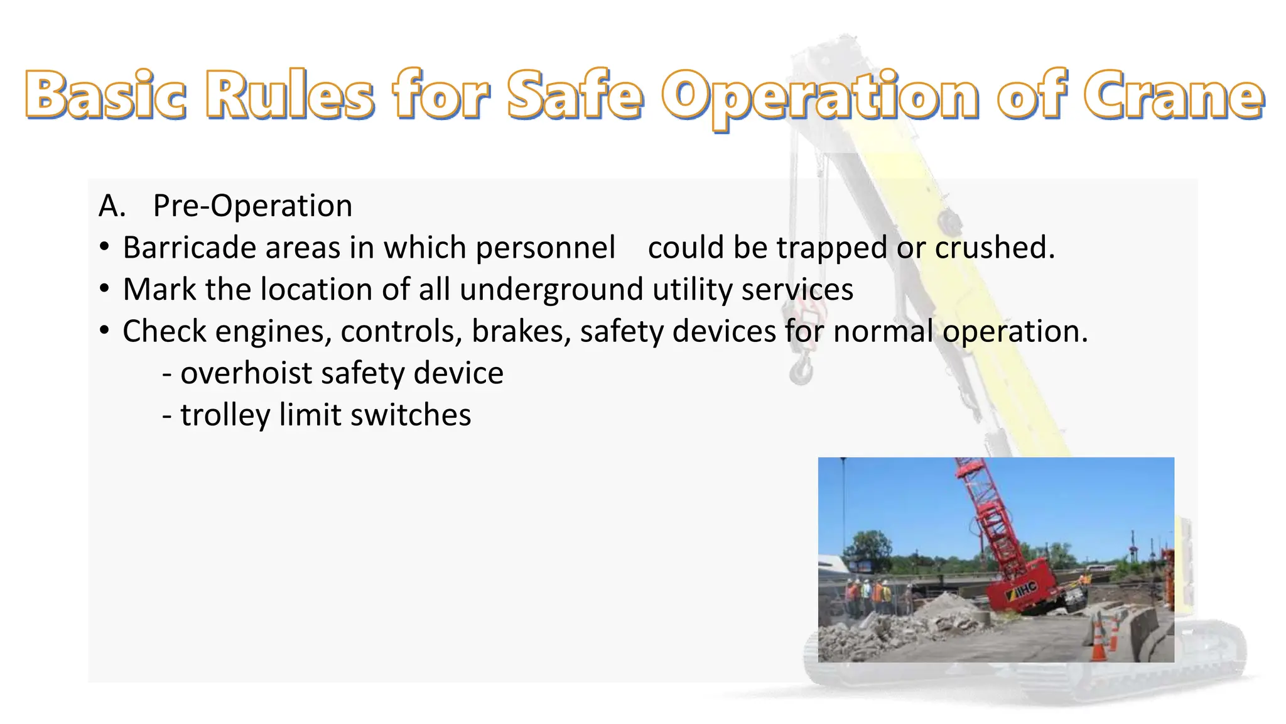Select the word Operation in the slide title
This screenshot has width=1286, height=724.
click(x=820, y=97)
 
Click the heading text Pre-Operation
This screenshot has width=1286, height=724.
click(x=252, y=206)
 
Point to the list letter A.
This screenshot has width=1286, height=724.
click(x=112, y=206)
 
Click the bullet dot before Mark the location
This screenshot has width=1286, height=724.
click(x=105, y=288)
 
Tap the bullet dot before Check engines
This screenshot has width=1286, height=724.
click(x=105, y=330)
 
